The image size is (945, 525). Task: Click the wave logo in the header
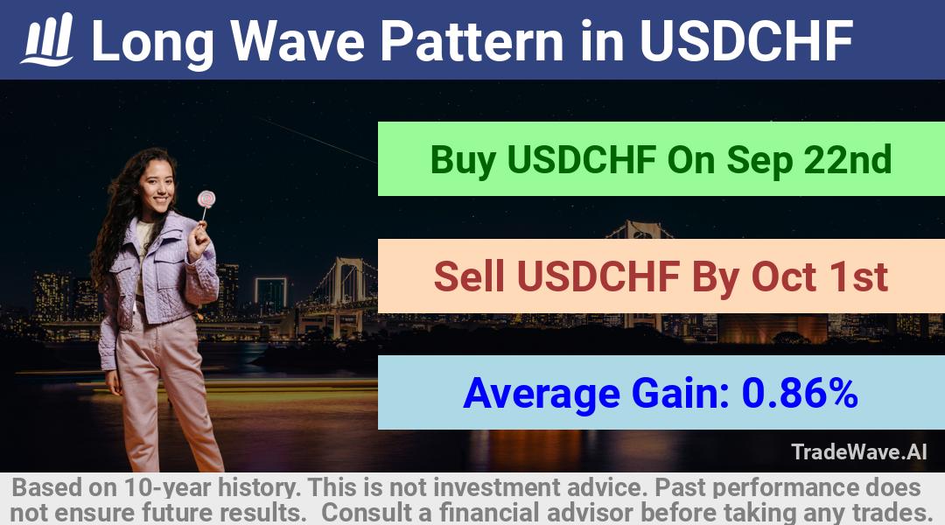[x=47, y=39]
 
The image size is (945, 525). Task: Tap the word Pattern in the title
[x=472, y=41]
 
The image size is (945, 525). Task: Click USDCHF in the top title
[x=746, y=40]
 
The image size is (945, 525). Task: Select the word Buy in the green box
[x=463, y=160]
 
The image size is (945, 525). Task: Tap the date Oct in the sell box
[x=782, y=276]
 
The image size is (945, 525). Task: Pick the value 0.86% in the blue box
[x=800, y=392]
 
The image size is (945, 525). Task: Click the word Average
[x=542, y=394]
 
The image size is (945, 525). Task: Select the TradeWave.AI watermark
[x=858, y=452]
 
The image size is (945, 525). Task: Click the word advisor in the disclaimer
[x=590, y=513]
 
